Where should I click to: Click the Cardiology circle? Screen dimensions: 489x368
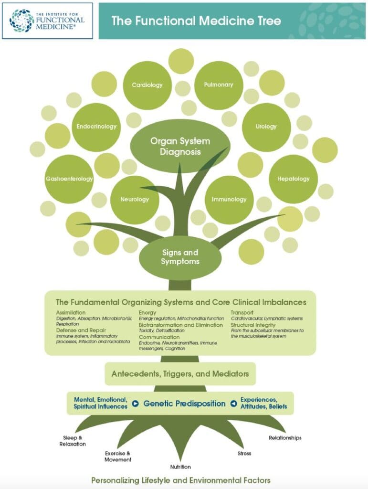coord(147,85)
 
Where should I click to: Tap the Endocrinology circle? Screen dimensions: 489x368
coord(96,127)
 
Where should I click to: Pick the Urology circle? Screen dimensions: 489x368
coord(266,127)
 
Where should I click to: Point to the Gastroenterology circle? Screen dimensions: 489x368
coord(69,179)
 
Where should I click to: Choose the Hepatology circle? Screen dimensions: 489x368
coord(294,179)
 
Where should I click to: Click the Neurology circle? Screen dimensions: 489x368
coord(135,200)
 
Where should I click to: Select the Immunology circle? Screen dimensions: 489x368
coord(229,200)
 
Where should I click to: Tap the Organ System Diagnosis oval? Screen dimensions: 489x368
coord(180,146)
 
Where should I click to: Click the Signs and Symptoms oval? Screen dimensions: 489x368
coord(180,257)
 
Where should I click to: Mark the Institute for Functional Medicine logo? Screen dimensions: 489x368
coord(47,20)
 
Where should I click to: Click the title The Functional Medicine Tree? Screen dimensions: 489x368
coord(196,21)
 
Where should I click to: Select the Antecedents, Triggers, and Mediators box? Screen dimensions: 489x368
coord(180,374)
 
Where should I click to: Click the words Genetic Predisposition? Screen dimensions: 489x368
coord(184,404)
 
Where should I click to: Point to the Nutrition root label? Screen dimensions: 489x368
coord(180,467)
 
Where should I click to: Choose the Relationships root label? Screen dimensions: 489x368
coord(285,437)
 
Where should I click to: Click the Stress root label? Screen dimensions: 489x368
coord(244,453)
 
